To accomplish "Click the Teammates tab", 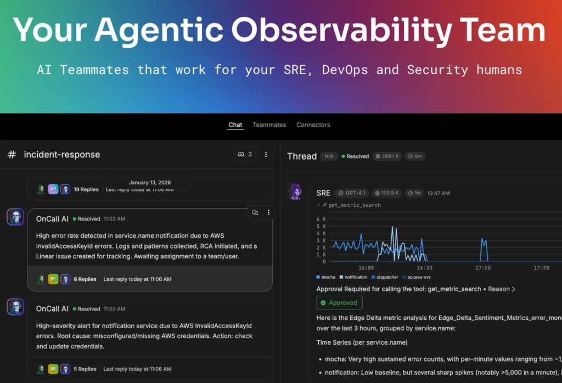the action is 269,125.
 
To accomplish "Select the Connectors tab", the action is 313,125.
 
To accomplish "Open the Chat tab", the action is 235,125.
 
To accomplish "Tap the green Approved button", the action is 339,303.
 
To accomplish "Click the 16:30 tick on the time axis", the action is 424,268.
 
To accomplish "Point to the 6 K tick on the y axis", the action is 321,219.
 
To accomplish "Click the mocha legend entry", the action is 326,277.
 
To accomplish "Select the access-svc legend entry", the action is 417,277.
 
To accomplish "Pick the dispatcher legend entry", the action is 385,277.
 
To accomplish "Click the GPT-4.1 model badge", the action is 352,193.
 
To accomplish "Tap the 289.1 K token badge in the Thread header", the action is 387,156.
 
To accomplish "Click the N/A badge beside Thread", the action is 329,156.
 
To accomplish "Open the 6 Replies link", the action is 85,279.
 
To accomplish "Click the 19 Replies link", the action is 86,189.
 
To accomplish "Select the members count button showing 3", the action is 245,154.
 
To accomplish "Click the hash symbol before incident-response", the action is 12,154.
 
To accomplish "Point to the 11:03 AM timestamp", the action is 114,309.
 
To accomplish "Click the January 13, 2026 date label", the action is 150,182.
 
